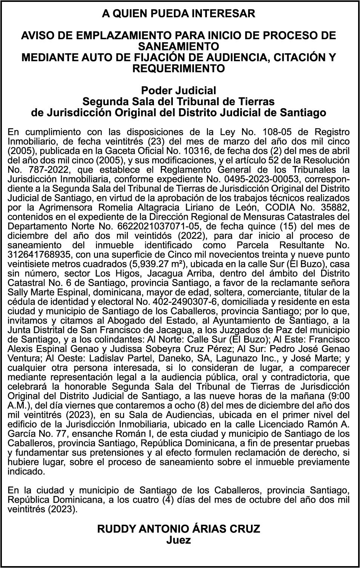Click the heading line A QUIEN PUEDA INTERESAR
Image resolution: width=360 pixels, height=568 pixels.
click(x=178, y=14)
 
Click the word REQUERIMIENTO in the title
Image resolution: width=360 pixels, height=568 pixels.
click(x=178, y=69)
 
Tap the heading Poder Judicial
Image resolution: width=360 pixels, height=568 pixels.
click(x=178, y=91)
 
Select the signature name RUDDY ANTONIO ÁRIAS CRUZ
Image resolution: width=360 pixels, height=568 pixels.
click(x=178, y=529)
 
